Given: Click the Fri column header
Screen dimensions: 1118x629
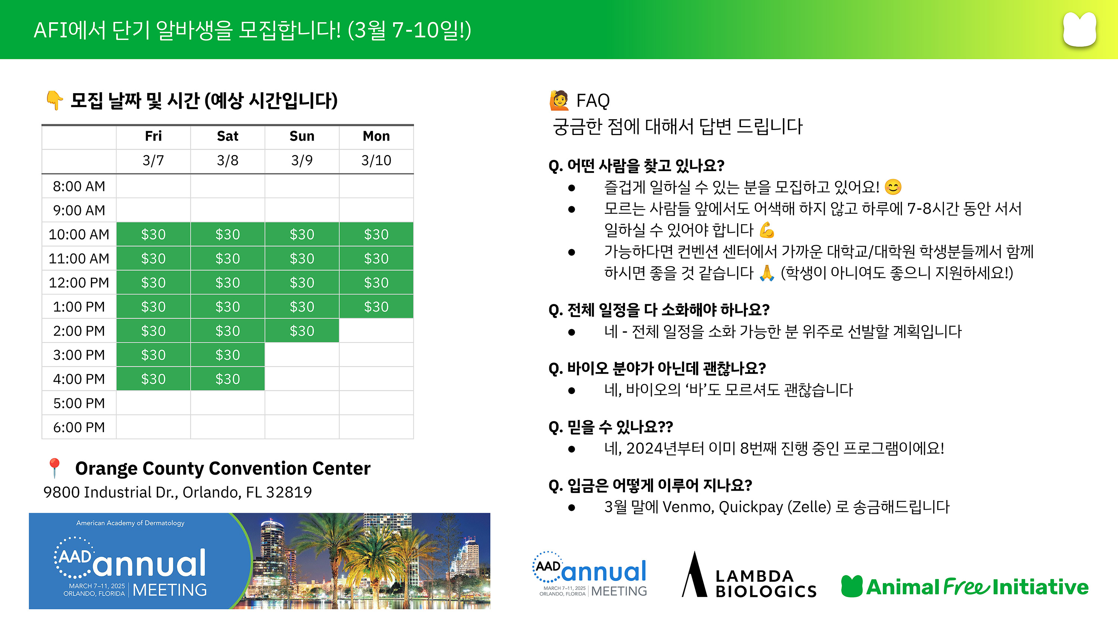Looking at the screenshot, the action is point(153,136).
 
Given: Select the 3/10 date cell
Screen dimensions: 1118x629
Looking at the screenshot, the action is point(376,161).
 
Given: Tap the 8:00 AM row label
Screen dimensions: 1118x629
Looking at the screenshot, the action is point(79,186).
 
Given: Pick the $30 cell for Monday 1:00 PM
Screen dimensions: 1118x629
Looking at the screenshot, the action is point(376,306).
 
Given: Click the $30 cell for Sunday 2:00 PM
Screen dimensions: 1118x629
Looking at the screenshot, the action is point(302,331).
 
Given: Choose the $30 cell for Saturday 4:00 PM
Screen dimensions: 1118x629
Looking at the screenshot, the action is point(228,379).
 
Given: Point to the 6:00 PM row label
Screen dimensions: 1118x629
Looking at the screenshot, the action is point(79,427).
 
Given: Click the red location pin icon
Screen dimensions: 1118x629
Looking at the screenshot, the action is point(54,468).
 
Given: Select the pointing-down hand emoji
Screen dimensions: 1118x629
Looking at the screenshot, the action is point(55,100).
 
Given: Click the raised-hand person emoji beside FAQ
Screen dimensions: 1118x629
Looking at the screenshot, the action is point(559,100).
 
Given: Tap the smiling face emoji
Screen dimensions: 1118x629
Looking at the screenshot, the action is point(893,187).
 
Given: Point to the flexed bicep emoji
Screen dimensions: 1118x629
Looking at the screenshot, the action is point(767,230).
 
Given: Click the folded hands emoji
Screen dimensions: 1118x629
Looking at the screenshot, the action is point(767,273).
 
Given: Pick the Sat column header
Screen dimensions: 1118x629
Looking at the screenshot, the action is point(228,136).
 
